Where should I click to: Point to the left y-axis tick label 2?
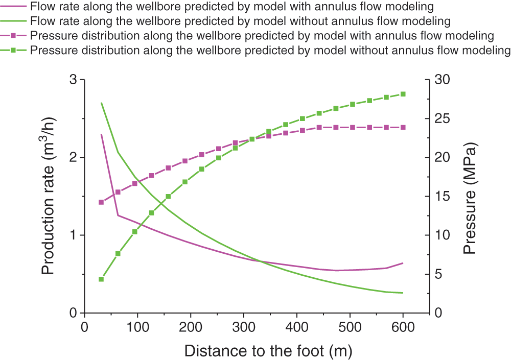[x=74, y=157]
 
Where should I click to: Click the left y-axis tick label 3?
[x=74, y=80]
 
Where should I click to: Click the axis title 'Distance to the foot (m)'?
[x=268, y=351]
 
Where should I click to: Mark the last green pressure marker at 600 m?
[x=403, y=94]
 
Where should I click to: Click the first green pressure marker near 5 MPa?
[x=101, y=279]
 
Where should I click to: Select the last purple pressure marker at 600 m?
[x=403, y=127]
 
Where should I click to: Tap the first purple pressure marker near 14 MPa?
[x=101, y=202]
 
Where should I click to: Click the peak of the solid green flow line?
[x=101, y=103]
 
